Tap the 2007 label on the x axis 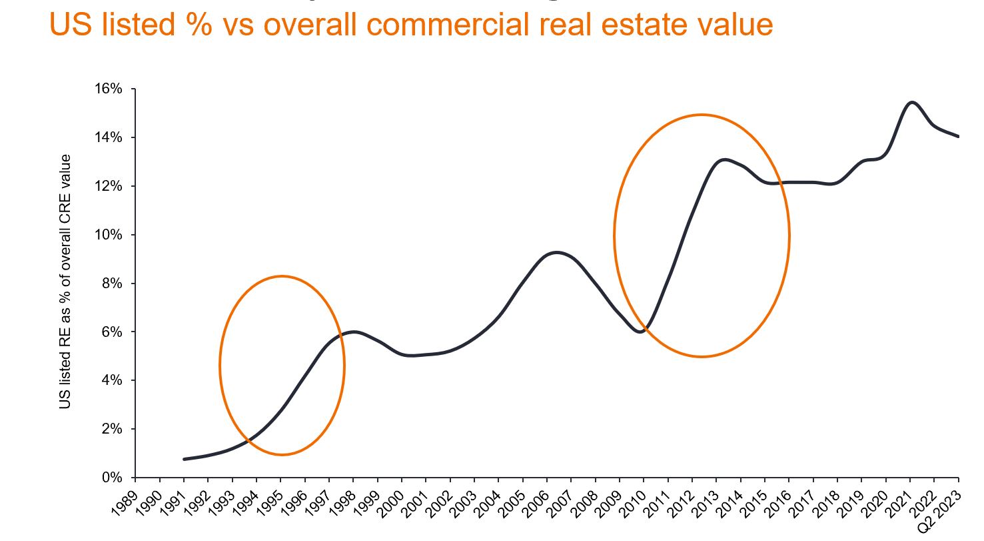point(561,499)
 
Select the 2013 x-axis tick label point(706,499)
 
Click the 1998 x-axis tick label point(342,499)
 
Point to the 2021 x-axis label point(900,499)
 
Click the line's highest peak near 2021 point(911,102)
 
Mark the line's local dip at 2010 point(641,332)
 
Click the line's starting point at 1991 point(184,459)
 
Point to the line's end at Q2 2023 point(958,137)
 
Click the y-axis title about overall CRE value point(65,282)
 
